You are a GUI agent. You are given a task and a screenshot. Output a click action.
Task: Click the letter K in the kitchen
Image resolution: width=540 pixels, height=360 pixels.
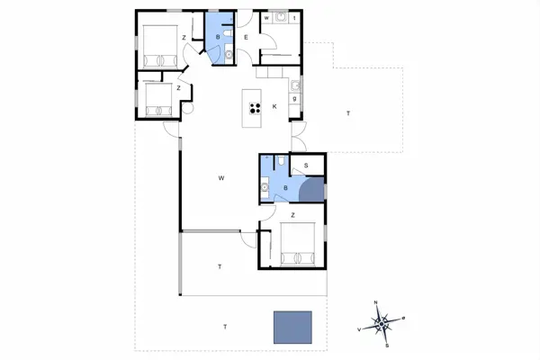coord(274,107)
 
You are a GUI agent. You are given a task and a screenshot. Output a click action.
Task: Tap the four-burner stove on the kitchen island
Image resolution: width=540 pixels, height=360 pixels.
coord(255,109)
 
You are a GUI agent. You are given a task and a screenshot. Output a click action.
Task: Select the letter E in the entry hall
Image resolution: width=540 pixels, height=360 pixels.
coord(246,37)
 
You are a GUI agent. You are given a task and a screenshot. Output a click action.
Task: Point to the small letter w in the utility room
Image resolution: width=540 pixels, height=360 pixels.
coord(266,17)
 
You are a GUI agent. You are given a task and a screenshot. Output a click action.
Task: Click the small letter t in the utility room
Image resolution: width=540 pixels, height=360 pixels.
coord(296,17)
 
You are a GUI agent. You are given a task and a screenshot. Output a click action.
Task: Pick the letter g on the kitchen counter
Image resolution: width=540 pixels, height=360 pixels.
coord(294,97)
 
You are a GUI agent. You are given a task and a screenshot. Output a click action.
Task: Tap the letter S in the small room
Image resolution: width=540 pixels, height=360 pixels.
coord(306,166)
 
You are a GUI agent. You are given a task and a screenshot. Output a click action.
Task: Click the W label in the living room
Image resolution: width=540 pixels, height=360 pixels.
coord(220,178)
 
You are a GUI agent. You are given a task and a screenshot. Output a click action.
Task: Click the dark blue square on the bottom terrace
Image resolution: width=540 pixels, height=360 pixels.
coord(292,328)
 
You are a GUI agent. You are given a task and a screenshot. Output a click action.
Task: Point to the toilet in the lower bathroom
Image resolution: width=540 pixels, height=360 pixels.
coord(282,162)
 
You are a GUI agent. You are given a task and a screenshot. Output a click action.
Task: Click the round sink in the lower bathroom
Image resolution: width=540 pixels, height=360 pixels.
coord(265,186)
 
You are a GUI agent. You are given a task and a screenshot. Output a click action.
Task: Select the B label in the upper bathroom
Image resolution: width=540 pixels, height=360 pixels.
coord(218,37)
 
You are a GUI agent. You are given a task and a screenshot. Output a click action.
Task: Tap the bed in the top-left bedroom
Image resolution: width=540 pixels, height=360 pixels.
coord(158,46)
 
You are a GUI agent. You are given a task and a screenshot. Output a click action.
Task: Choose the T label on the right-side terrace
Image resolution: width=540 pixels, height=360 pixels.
coord(347,113)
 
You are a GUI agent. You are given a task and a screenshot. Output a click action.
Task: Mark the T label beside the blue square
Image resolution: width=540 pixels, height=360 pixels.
coord(225,325)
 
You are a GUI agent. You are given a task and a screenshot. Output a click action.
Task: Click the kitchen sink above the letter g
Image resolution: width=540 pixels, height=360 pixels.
coord(294,85)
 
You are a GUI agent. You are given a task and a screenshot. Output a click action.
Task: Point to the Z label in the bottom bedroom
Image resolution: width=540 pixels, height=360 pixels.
coord(292,215)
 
